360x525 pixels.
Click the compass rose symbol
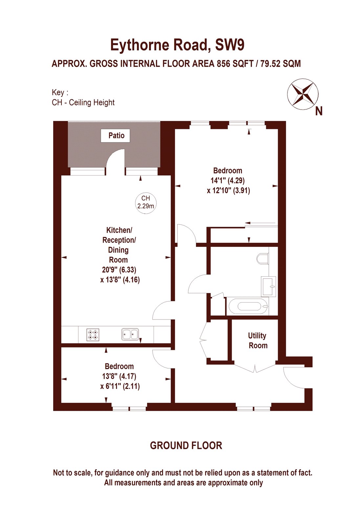303,94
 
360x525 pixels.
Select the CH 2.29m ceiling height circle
146,202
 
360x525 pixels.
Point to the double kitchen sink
130,335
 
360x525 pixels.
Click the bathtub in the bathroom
249,306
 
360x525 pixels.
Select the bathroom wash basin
268,286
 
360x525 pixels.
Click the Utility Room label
258,341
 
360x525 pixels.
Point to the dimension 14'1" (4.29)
227,180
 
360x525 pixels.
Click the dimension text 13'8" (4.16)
120,280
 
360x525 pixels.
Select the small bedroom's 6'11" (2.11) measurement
120,386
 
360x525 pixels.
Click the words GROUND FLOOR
186,446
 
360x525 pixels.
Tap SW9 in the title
229,45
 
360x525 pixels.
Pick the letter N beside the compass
319,112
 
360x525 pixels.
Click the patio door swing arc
115,157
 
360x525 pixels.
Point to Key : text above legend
60,93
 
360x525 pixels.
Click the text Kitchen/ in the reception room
119,230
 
